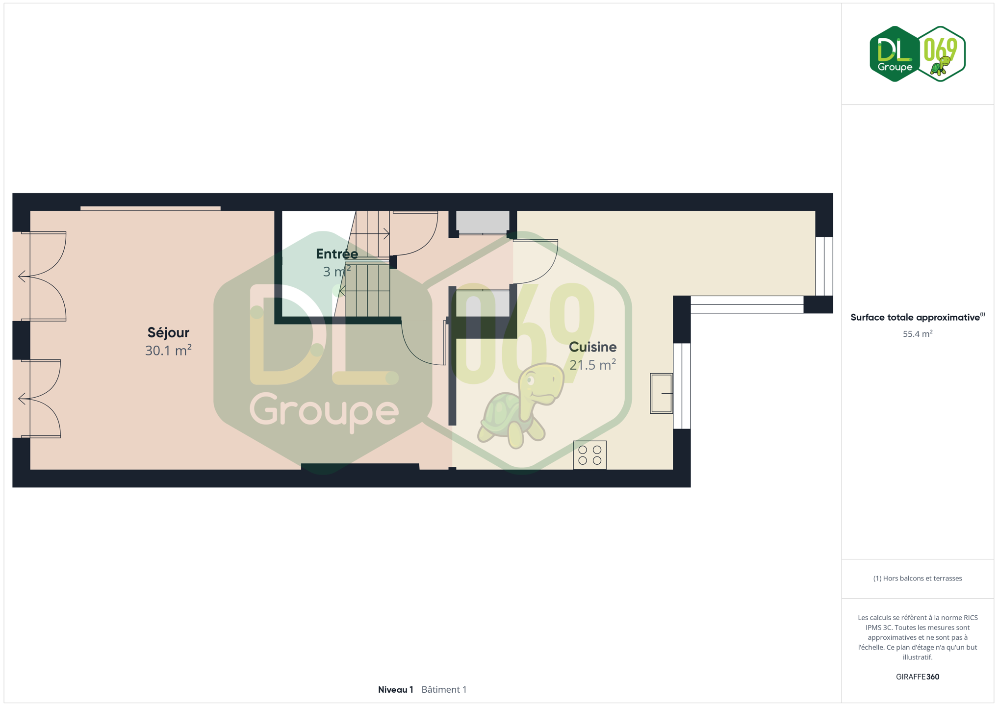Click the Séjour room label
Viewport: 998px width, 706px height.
[168, 332]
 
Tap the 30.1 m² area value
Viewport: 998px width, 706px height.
[168, 350]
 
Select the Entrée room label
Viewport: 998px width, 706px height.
[337, 254]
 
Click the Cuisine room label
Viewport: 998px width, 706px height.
[592, 347]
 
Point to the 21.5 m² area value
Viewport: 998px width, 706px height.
[592, 365]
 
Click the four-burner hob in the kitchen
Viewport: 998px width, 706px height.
[589, 455]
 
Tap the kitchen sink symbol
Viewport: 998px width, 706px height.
[662, 393]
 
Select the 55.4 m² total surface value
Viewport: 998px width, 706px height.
[918, 334]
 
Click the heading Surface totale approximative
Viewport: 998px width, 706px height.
[915, 317]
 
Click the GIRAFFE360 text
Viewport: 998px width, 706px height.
[918, 677]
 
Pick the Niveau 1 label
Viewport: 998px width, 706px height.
[395, 689]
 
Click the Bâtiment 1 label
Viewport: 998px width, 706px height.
[444, 689]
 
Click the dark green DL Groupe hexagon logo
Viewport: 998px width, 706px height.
[895, 54]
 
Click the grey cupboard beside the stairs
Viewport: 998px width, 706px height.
[483, 222]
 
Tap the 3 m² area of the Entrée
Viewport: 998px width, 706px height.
[337, 271]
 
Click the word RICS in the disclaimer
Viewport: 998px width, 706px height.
[970, 617]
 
